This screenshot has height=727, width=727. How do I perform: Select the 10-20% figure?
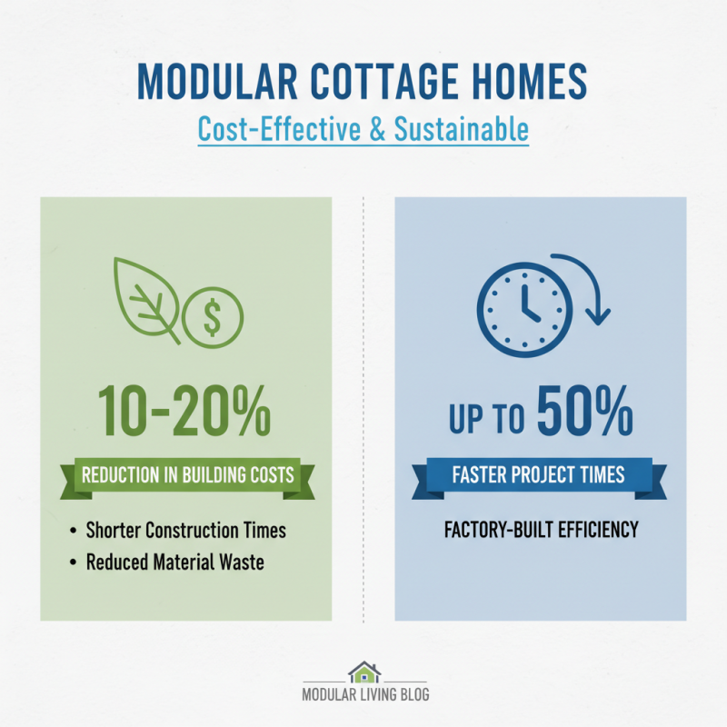pos(186,411)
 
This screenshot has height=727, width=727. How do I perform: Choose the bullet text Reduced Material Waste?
pos(174,563)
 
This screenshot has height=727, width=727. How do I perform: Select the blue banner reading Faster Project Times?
pos(541,475)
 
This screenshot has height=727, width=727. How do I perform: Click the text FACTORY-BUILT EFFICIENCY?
pos(541,530)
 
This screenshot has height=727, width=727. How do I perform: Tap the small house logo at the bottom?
pos(364,672)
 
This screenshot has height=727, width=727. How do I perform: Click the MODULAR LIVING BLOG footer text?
pos(364,695)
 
